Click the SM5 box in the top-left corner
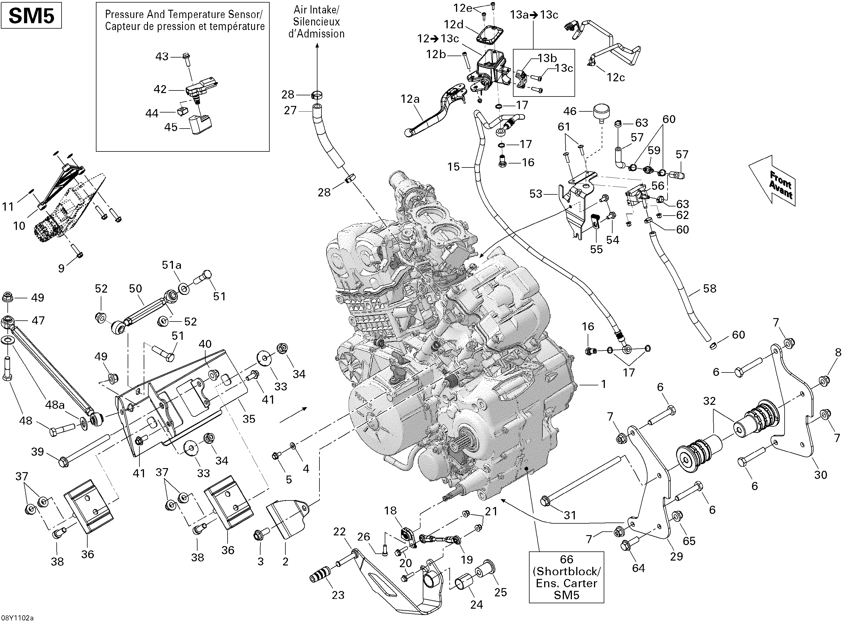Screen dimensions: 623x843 point(31,17)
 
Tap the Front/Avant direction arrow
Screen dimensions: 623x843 point(773,181)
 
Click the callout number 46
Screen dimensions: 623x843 point(570,111)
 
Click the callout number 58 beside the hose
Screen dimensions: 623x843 point(710,289)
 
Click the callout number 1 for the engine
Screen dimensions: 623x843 point(604,384)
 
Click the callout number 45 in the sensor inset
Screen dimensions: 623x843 point(171,127)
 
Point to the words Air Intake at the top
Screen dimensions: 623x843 point(317,9)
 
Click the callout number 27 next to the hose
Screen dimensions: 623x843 point(290,111)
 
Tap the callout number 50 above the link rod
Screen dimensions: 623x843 point(135,289)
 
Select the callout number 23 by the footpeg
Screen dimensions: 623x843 point(338,595)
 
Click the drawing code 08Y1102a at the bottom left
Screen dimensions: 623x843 point(17,618)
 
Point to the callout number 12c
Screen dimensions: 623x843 point(616,77)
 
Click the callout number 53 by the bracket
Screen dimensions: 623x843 point(536,194)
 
